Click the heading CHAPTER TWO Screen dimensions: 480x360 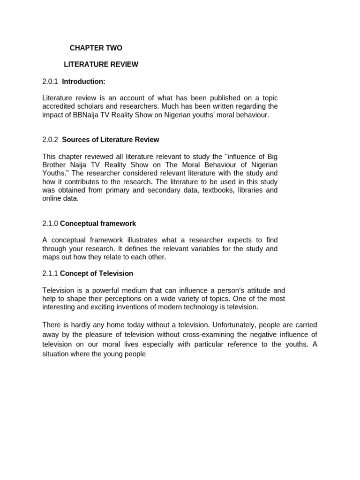96,48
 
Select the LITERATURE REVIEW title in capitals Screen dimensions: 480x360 101,64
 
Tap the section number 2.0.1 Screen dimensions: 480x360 50,82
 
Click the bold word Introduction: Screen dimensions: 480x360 83,82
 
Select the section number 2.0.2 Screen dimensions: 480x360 50,140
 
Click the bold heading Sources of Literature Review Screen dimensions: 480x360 110,140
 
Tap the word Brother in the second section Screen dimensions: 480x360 55,165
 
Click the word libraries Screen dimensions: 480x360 240,190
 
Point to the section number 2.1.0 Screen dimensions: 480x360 50,224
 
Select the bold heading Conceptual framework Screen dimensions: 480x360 98,224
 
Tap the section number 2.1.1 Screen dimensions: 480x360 50,273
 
